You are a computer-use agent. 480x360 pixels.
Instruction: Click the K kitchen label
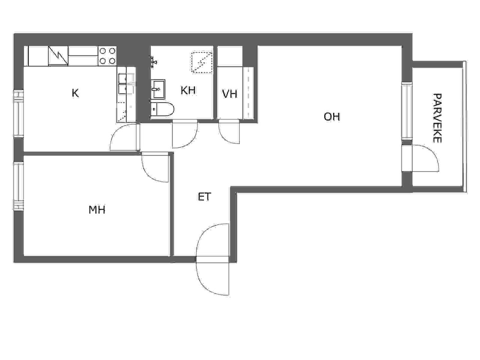tap(75, 93)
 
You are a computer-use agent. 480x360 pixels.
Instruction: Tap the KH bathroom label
tap(188, 90)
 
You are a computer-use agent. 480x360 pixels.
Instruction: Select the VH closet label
tap(229, 94)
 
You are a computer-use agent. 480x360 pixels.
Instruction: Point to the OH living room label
tap(332, 117)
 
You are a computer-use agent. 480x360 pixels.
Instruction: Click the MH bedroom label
tap(97, 210)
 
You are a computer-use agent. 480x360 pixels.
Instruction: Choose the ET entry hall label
tap(204, 197)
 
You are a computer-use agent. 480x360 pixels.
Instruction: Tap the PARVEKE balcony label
tap(437, 118)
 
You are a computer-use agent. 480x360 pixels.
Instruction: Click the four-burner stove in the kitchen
tap(107, 56)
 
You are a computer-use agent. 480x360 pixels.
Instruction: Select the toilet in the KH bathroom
tap(162, 109)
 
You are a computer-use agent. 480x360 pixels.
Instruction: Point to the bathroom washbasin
tap(158, 89)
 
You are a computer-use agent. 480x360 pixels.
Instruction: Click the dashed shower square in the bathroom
tap(202, 61)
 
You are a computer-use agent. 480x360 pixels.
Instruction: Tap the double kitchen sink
tap(126, 84)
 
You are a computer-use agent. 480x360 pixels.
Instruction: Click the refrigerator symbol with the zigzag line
tap(58, 56)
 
